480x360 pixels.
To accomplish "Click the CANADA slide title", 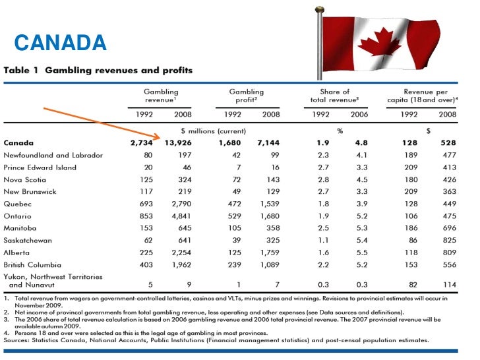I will coord(60,44).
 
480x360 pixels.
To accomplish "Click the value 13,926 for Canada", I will coord(176,143).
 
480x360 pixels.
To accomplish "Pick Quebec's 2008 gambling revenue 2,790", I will coord(179,204).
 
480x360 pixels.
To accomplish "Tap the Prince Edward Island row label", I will coord(40,167).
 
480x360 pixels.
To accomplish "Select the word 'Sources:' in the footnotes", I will coord(19,341).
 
